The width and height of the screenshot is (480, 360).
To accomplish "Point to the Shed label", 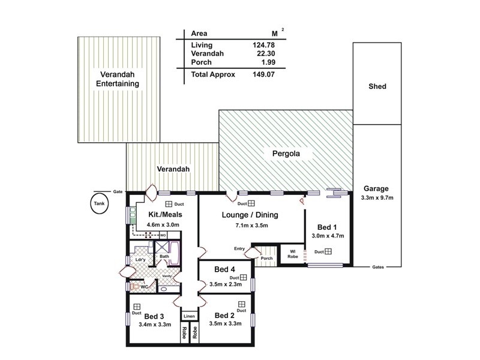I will click(377, 86).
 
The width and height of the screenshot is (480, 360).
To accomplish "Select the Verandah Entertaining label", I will click(118, 79).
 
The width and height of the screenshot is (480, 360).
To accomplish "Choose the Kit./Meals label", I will click(164, 214).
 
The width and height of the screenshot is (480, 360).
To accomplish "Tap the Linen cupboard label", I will click(190, 316).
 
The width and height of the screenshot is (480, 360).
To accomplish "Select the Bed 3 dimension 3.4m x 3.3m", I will click(155, 325).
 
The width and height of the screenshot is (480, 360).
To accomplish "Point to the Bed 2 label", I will click(224, 316).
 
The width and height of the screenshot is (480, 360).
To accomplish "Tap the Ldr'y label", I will click(142, 259).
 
